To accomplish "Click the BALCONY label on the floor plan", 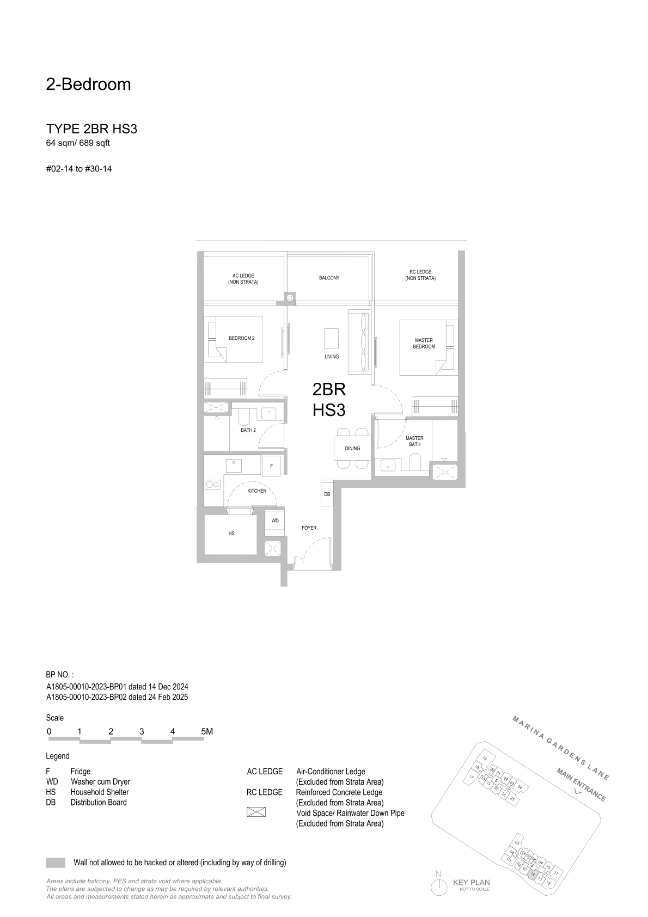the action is [x=329, y=278].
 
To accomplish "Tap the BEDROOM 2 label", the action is [x=242, y=338].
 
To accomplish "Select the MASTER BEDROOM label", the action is [x=424, y=343].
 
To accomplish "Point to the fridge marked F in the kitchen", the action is [x=271, y=466].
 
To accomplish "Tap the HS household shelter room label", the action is [x=231, y=534].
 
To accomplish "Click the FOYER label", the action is [x=309, y=528].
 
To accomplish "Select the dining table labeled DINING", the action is [x=352, y=448].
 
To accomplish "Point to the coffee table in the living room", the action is [x=332, y=339].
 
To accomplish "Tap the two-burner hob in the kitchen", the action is [x=213, y=485].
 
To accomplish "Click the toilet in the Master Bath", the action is [x=415, y=462].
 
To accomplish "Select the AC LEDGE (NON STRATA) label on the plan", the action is [x=243, y=279].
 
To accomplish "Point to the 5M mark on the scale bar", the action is [x=207, y=731].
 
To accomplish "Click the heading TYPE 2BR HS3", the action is [x=91, y=129].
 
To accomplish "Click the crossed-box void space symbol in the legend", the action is [x=256, y=812].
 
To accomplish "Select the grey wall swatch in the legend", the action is [x=56, y=863].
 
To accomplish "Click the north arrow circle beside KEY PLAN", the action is [x=439, y=887].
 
